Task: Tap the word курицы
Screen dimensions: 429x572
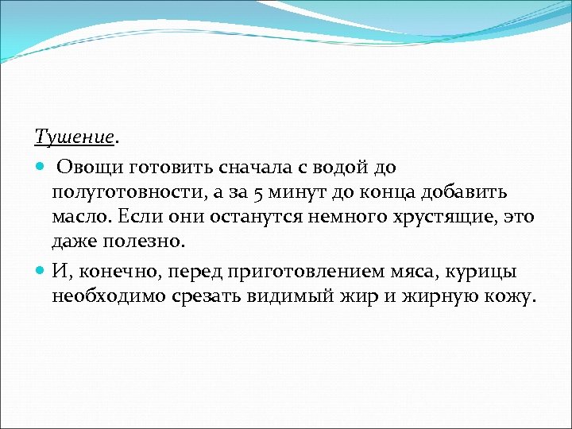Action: click(x=489, y=272)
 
